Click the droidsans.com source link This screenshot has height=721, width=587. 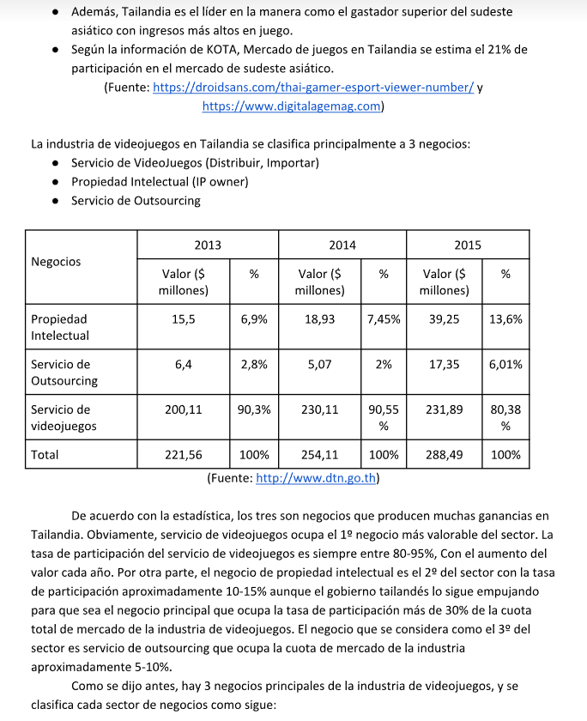[312, 88]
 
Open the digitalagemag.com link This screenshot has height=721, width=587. [292, 106]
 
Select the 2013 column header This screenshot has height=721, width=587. [207, 245]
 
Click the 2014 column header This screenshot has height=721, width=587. [342, 245]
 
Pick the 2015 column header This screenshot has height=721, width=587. [468, 245]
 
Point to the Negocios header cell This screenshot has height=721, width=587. [56, 262]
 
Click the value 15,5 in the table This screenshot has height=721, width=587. [184, 318]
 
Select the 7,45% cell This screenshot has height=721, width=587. [384, 318]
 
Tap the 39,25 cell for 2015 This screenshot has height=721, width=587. [444, 318]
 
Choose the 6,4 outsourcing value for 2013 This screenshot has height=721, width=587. [184, 364]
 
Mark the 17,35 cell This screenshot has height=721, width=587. [444, 364]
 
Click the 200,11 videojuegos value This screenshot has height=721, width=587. [184, 409]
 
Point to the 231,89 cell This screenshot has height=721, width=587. [444, 409]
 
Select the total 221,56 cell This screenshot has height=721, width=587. [184, 455]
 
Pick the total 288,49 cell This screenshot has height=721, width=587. [444, 455]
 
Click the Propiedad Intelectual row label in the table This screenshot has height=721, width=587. [60, 327]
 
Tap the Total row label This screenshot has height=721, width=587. [45, 455]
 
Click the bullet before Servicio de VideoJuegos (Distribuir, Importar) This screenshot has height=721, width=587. [55, 163]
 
